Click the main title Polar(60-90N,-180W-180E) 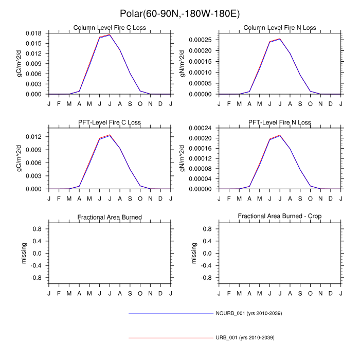(x=179, y=13)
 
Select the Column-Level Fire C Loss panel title (x=110, y=28)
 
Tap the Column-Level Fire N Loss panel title (x=280, y=28)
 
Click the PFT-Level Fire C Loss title (x=110, y=122)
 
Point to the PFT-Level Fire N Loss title (x=280, y=122)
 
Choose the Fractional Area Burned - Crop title (x=280, y=217)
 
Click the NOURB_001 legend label (x=248, y=313)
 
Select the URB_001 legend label (x=245, y=338)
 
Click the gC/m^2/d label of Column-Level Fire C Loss (x=20, y=64)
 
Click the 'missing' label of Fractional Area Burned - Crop (x=194, y=253)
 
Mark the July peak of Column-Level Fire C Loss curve (x=110, y=34)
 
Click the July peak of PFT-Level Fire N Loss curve (x=280, y=135)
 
